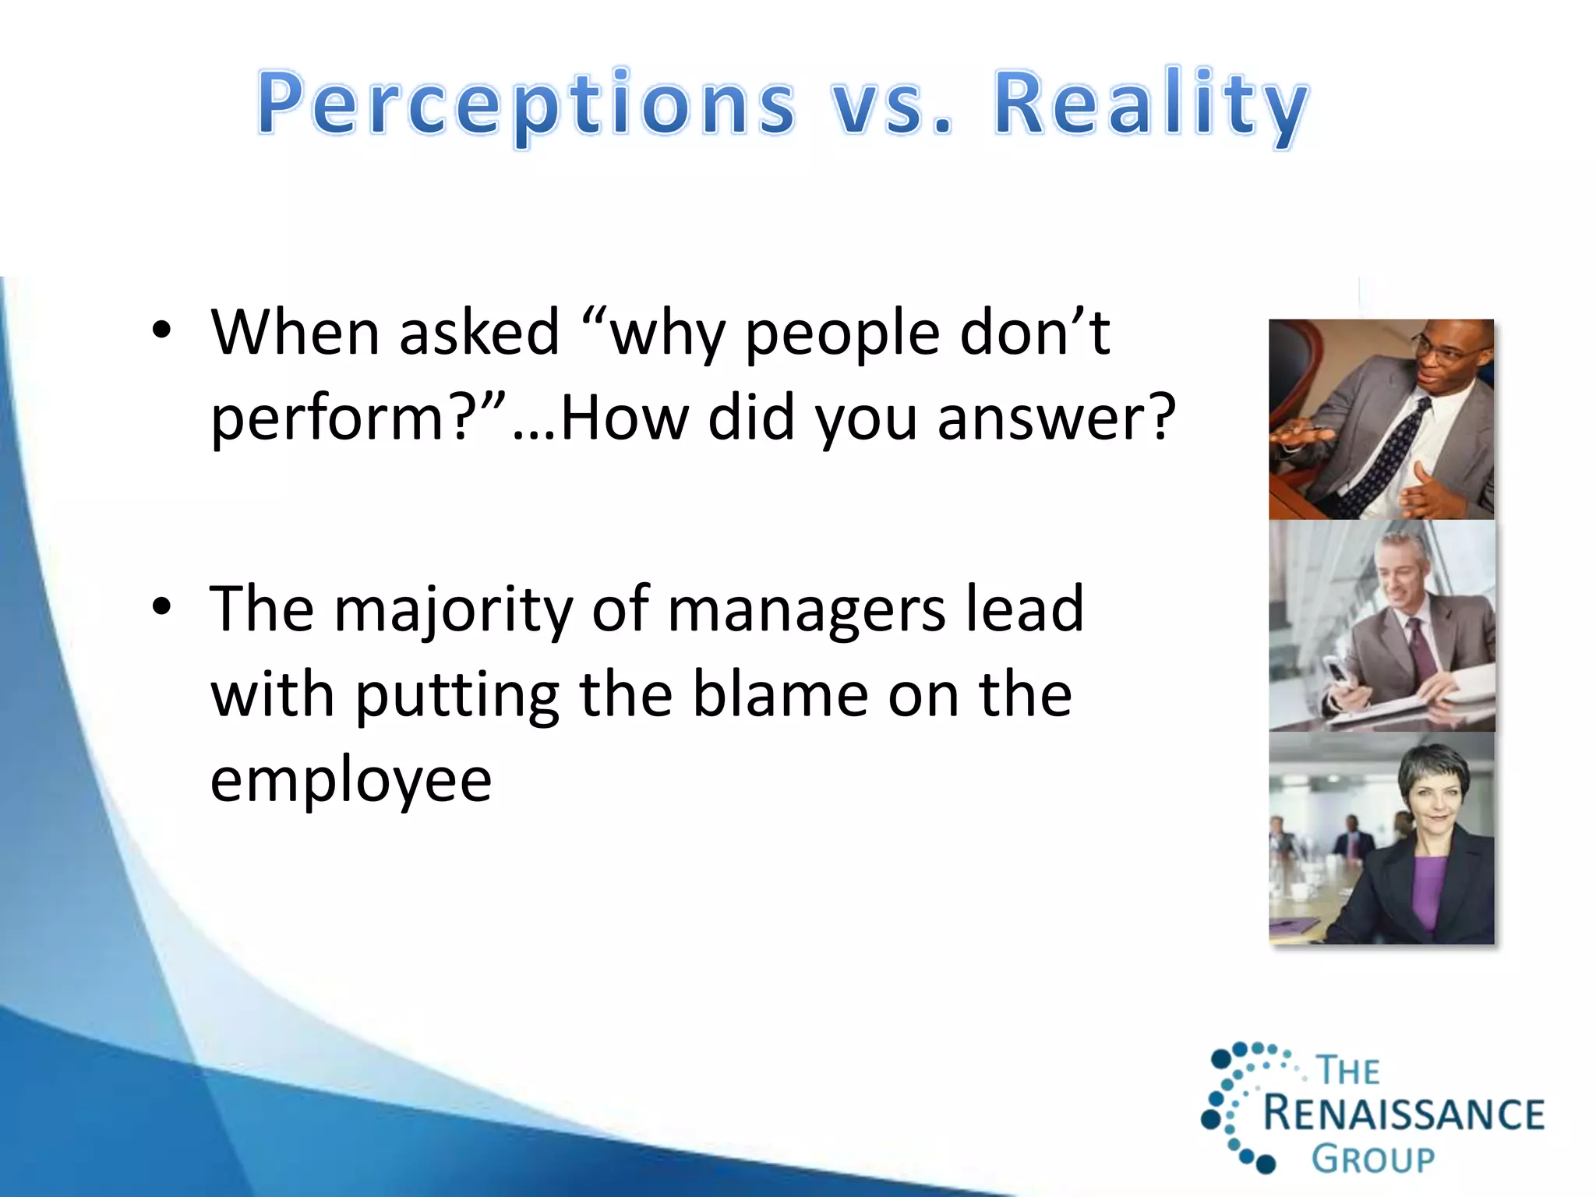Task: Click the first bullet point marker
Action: tap(161, 330)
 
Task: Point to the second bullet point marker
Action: tap(161, 606)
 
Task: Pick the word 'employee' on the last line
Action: tap(351, 781)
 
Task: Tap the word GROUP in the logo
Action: tap(1372, 1159)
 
